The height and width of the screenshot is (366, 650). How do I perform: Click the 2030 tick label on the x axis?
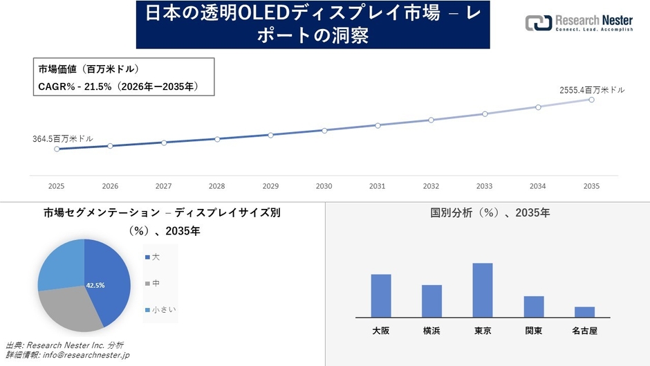tap(324, 186)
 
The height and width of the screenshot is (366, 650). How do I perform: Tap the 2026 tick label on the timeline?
tap(110, 186)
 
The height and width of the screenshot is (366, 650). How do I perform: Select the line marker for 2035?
tap(591, 100)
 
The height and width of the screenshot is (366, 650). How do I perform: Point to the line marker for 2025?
tap(57, 149)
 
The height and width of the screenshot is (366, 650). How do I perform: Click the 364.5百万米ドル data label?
tap(63, 139)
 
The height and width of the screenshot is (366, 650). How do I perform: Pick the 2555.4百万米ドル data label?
tap(592, 90)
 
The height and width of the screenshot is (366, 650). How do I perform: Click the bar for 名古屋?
tap(584, 311)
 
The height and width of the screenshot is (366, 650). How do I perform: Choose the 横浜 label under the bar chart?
tap(431, 331)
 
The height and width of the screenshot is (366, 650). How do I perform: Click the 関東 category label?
tap(533, 331)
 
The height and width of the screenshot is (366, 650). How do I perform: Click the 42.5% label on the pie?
tap(95, 285)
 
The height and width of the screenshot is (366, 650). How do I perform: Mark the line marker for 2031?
tap(378, 125)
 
